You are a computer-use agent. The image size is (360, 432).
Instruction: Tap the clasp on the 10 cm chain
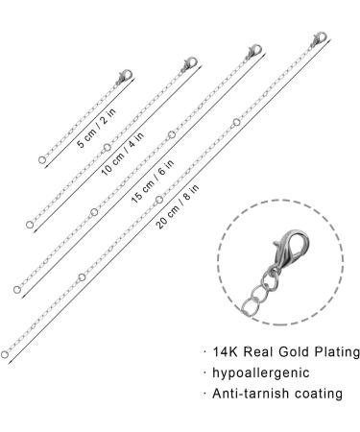tap(182, 63)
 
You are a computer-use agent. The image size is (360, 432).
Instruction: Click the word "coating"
tap(319, 394)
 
